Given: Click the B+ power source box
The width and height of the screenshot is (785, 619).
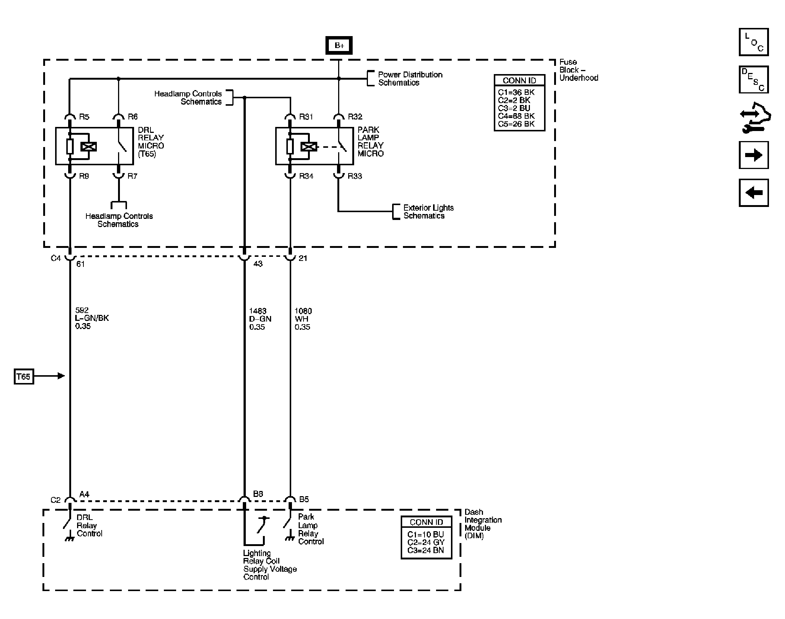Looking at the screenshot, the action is pyautogui.click(x=339, y=45).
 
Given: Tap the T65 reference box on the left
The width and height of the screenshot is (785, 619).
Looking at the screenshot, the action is pyautogui.click(x=24, y=377).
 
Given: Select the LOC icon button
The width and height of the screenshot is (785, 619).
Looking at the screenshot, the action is pyautogui.click(x=753, y=42).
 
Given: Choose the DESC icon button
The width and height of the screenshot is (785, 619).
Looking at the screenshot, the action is pyautogui.click(x=753, y=80).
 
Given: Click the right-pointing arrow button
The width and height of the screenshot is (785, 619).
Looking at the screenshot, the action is pyautogui.click(x=753, y=155).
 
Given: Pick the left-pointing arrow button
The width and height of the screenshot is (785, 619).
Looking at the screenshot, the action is pyautogui.click(x=753, y=193).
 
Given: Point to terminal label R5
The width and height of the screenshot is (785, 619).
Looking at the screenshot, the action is pyautogui.click(x=84, y=117).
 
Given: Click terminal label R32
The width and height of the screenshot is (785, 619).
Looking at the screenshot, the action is pyautogui.click(x=355, y=117).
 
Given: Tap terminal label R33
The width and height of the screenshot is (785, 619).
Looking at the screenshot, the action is pyautogui.click(x=355, y=176).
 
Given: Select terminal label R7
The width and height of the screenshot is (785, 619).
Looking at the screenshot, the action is pyautogui.click(x=132, y=176).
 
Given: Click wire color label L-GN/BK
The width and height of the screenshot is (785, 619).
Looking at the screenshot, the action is pyautogui.click(x=92, y=318).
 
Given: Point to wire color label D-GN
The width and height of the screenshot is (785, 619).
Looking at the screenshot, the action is pyautogui.click(x=260, y=319).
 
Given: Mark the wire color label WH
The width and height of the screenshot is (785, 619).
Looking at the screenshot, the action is pyautogui.click(x=301, y=319).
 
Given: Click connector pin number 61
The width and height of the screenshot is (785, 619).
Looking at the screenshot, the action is pyautogui.click(x=80, y=264).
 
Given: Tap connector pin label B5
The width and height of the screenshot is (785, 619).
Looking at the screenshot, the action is pyautogui.click(x=304, y=499).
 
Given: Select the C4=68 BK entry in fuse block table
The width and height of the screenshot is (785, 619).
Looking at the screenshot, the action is pyautogui.click(x=516, y=116).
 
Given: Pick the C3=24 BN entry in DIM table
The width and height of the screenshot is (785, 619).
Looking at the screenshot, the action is pyautogui.click(x=426, y=550).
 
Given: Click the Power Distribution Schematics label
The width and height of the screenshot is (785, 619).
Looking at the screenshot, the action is pyautogui.click(x=410, y=79).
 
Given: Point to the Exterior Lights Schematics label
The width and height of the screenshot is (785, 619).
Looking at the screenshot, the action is pyautogui.click(x=429, y=212).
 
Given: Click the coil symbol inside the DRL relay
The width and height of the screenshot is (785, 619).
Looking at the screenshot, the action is pyautogui.click(x=89, y=147).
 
